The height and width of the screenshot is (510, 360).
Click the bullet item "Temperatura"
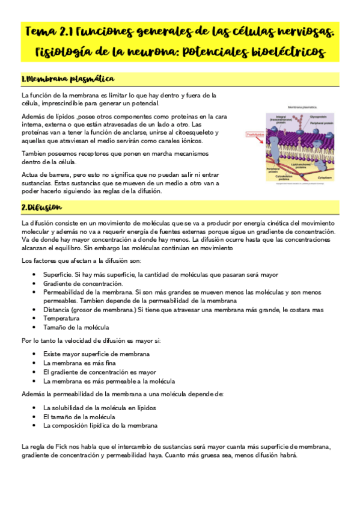61,318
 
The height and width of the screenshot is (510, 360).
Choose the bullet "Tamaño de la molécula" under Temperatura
76,327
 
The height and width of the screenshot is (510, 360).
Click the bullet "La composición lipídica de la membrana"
100,425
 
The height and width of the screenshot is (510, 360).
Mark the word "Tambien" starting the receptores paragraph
34,153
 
